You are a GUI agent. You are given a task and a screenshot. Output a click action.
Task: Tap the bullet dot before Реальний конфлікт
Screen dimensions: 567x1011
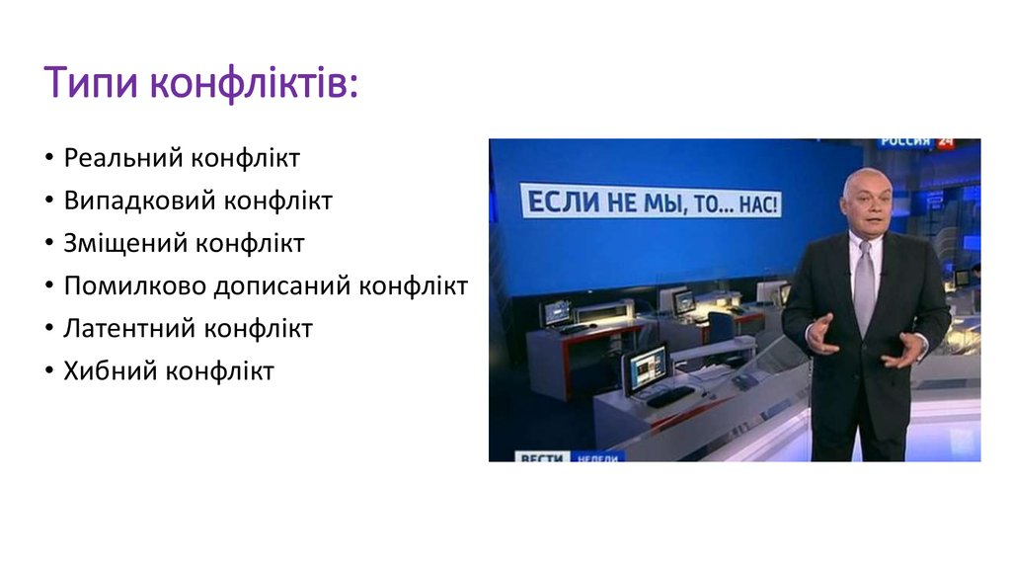[x=49, y=159]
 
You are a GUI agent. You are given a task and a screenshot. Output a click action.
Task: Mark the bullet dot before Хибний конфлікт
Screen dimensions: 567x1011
[x=49, y=372]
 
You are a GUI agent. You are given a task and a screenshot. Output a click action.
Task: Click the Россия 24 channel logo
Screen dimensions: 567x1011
[x=917, y=143]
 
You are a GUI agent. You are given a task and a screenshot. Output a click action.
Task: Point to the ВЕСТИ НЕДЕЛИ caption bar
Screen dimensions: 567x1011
[x=568, y=456]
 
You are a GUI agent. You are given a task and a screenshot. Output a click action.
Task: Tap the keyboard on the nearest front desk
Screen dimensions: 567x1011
[x=669, y=397]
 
